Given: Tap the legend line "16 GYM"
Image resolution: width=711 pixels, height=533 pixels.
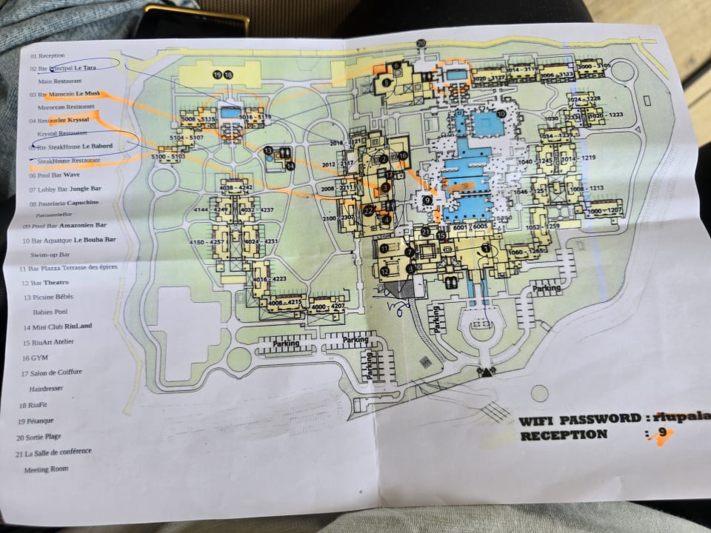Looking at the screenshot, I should tap(36, 358).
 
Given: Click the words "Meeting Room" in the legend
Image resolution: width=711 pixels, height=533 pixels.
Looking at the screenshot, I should tap(46, 469).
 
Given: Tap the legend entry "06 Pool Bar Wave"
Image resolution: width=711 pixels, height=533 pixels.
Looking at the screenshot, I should tap(54, 175).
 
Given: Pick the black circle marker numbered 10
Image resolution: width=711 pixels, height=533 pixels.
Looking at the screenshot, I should tap(501, 114).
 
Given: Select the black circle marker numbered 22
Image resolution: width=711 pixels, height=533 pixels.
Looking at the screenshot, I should tap(368, 209).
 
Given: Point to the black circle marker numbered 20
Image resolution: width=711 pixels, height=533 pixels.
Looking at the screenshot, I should tap(421, 44).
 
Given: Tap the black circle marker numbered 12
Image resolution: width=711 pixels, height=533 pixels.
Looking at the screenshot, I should tap(384, 271).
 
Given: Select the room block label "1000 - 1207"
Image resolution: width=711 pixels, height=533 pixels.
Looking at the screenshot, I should tap(604, 211).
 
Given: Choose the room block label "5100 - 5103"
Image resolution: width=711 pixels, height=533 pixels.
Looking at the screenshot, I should tap(168, 157).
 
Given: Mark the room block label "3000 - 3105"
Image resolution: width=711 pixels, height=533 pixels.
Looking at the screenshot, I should tap(593, 67).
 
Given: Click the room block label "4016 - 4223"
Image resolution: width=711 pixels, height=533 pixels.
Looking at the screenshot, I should tap(270, 278).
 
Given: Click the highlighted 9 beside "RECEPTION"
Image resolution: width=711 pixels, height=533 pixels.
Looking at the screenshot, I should tap(661, 433).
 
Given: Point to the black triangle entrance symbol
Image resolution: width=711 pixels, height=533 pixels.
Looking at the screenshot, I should tap(487, 372).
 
